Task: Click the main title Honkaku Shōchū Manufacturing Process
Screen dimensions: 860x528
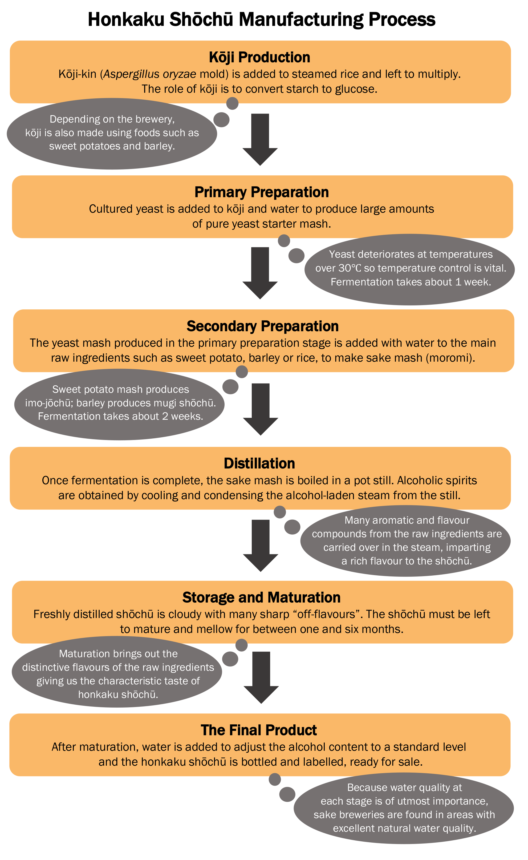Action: click(261, 19)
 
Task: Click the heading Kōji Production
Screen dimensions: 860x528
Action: click(259, 57)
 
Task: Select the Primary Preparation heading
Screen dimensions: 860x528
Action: click(262, 192)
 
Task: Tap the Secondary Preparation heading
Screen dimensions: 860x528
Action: click(263, 326)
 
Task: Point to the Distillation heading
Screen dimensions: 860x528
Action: click(259, 463)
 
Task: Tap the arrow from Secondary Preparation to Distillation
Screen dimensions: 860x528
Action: click(261, 409)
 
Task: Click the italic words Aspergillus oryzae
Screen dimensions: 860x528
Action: click(150, 74)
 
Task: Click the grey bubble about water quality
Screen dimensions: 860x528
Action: click(404, 808)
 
